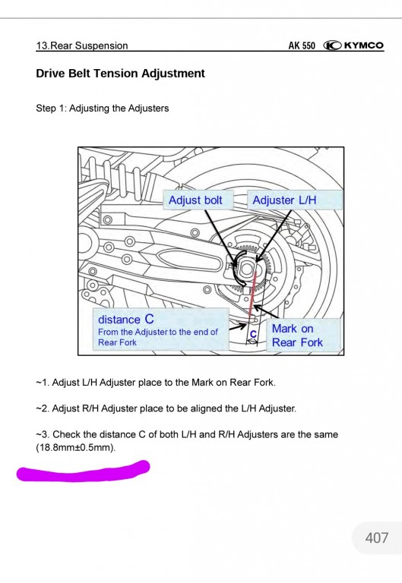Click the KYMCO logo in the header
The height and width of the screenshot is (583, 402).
[354, 45]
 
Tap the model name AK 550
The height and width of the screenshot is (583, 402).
[302, 46]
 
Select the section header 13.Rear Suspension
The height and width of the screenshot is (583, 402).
[82, 46]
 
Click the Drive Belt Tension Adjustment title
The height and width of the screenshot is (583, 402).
[121, 74]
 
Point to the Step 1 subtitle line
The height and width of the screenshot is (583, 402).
[103, 109]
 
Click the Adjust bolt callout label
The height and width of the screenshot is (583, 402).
[195, 200]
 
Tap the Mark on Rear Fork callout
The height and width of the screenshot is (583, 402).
[297, 336]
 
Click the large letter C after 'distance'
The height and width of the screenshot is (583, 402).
[149, 320]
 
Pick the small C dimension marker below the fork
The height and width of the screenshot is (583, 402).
[253, 333]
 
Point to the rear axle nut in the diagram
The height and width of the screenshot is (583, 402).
[246, 268]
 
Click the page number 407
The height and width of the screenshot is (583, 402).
[376, 538]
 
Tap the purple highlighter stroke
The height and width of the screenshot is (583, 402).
[84, 471]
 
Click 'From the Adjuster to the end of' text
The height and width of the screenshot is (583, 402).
[158, 332]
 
